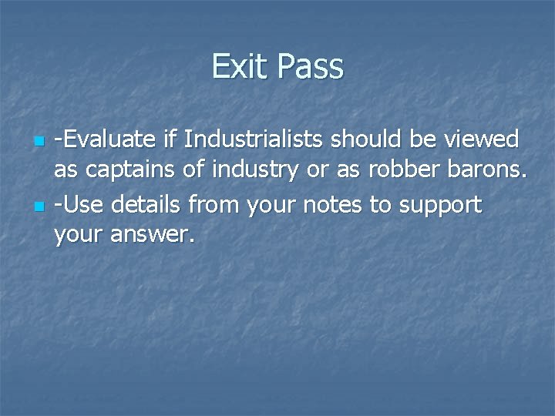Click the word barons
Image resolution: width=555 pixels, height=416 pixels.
(489, 171)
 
